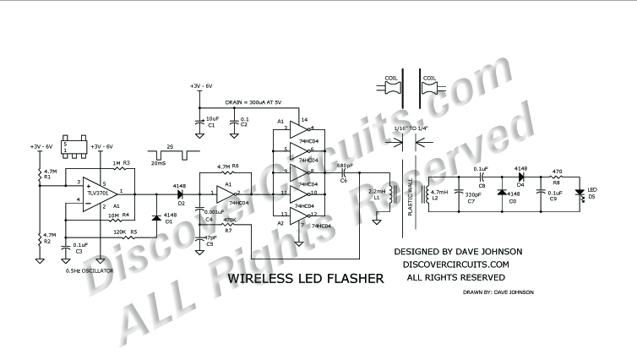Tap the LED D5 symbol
(x=580, y=193)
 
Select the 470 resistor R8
(x=557, y=180)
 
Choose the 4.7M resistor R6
(x=224, y=173)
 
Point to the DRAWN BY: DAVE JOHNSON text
(x=498, y=292)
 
